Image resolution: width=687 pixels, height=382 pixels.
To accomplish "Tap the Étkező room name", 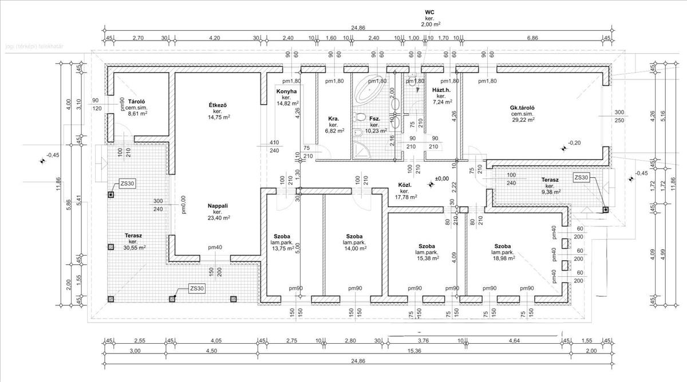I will [x=218, y=105].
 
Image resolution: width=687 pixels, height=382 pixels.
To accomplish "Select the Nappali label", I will [x=218, y=205].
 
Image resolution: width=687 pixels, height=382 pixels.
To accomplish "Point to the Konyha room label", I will [x=286, y=91].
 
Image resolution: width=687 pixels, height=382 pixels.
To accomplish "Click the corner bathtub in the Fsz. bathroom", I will [x=369, y=88].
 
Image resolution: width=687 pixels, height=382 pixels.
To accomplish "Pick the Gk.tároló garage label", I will [x=522, y=108].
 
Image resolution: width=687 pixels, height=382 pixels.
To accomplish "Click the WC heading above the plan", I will [x=430, y=11].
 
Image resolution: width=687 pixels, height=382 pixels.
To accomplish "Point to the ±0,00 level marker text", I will [x=442, y=179].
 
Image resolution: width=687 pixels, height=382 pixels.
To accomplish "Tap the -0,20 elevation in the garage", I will [x=575, y=142].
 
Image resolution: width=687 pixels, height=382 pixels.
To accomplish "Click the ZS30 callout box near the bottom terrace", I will [x=196, y=289].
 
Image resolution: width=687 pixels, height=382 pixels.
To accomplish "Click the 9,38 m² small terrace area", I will [x=551, y=192].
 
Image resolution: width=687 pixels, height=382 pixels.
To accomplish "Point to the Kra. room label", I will [x=333, y=119].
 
